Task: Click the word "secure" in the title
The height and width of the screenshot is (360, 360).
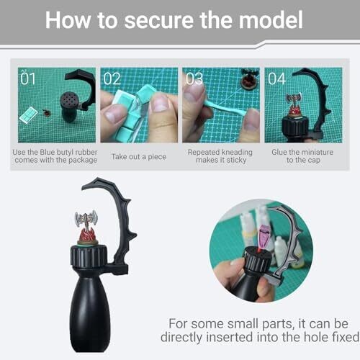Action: point(158,20)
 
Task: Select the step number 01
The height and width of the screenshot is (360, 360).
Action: point(28,78)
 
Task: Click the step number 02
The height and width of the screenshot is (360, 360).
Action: point(112,78)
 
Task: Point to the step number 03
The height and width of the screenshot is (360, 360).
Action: point(194,78)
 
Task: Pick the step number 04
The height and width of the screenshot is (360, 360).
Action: point(276,78)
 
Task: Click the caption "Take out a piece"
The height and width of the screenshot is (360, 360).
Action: point(139,157)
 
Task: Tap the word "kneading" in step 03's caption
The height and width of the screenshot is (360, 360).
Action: point(236,152)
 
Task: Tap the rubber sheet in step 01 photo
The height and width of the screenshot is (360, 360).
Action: point(28,114)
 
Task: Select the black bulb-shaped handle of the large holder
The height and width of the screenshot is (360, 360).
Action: point(90,314)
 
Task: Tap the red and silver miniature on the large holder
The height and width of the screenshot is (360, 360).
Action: point(86,228)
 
